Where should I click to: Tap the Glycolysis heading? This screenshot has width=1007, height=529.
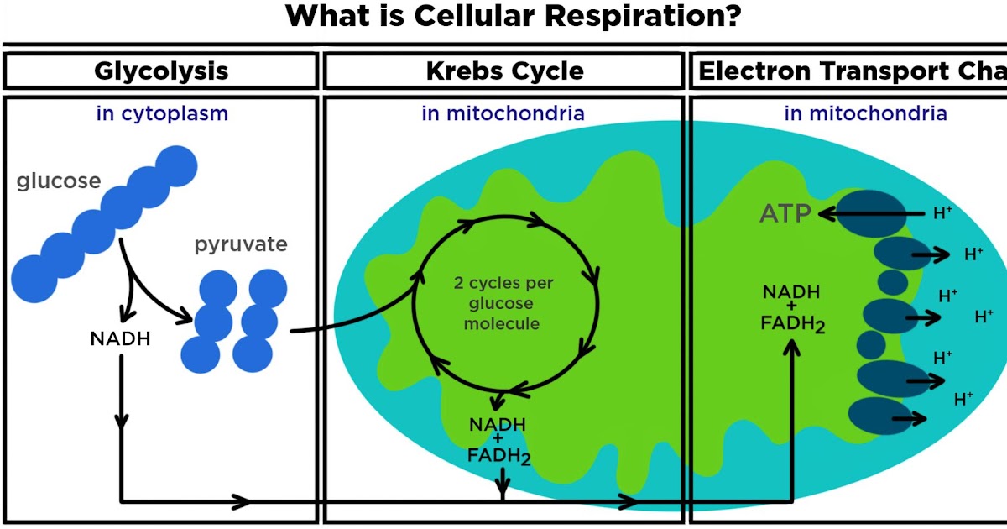(x=161, y=71)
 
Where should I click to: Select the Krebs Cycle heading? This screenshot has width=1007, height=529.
(x=504, y=71)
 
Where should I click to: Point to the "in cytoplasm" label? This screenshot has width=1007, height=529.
(x=162, y=113)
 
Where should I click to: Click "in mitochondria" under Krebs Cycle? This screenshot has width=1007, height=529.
(x=503, y=113)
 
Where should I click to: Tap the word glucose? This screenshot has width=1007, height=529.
(x=59, y=181)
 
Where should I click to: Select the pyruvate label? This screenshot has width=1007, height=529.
(x=241, y=244)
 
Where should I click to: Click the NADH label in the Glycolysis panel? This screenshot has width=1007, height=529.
(x=121, y=339)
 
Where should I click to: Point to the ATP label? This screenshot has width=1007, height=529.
(x=785, y=214)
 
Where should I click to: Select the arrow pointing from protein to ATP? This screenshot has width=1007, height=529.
(x=864, y=214)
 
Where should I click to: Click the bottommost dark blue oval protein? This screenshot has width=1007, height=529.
(x=877, y=416)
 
